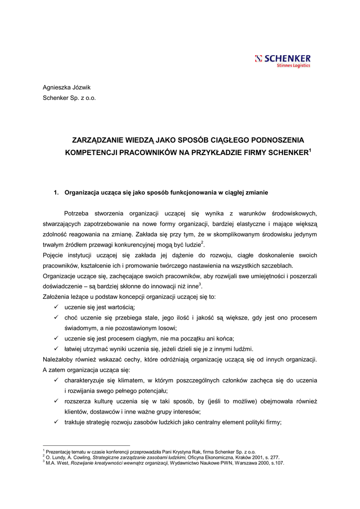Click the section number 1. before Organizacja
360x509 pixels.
click(57, 192)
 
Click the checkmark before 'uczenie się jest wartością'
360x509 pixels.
click(57, 307)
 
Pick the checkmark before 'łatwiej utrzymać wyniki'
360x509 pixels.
click(57, 348)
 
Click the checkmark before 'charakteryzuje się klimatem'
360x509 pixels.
click(57, 380)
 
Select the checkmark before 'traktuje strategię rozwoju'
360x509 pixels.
click(57, 422)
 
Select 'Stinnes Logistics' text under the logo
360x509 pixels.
click(293, 66)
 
